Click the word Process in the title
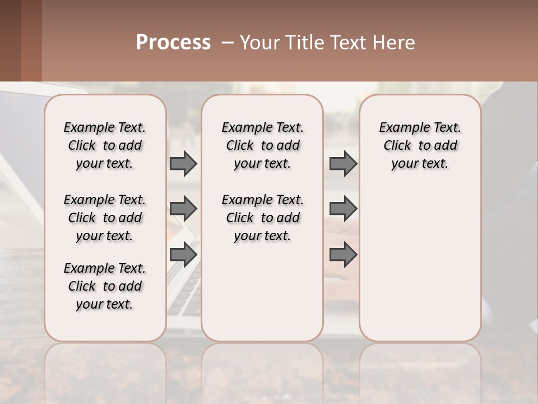click(173, 43)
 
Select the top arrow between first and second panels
click(183, 163)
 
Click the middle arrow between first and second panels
click(183, 209)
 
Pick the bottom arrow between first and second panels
click(183, 254)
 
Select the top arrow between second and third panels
click(343, 163)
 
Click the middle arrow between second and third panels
click(343, 209)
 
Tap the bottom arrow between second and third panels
click(343, 254)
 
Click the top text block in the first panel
click(105, 145)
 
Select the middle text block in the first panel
click(105, 218)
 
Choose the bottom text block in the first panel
click(105, 286)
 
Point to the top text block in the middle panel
click(262, 145)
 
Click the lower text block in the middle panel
click(262, 218)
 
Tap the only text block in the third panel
click(420, 145)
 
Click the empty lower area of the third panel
click(420, 269)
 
